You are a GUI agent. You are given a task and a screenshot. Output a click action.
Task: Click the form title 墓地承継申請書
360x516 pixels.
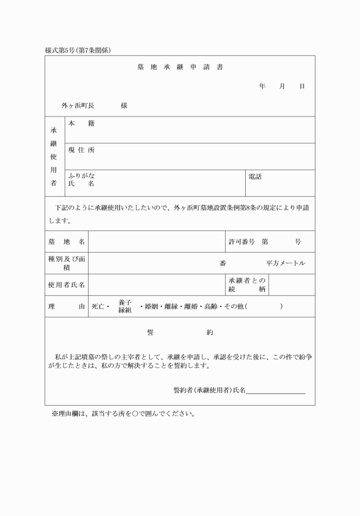(x=180, y=67)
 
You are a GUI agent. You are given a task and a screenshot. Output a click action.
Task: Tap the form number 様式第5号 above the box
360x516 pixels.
(x=63, y=50)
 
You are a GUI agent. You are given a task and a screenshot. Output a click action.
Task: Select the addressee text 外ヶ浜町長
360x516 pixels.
(x=78, y=106)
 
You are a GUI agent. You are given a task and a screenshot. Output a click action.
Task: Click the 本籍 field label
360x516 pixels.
(x=81, y=123)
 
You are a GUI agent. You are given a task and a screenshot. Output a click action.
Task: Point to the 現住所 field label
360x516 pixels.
(x=81, y=150)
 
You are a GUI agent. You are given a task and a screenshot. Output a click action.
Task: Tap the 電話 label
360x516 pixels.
(x=255, y=177)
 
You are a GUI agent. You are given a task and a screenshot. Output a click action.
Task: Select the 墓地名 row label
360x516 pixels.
(x=66, y=242)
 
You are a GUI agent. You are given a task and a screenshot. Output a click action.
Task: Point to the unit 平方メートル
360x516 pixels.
(x=286, y=263)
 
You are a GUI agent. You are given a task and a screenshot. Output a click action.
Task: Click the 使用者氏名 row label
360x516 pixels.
(x=66, y=285)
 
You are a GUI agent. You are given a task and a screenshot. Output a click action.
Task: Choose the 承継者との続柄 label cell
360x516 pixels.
(x=247, y=285)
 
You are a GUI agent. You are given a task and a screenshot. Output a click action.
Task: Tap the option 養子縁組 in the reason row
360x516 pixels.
(x=125, y=306)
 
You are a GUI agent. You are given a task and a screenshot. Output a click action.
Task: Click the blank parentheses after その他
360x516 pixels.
(x=263, y=306)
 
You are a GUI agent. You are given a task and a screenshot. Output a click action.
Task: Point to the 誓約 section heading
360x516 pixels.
(x=179, y=332)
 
